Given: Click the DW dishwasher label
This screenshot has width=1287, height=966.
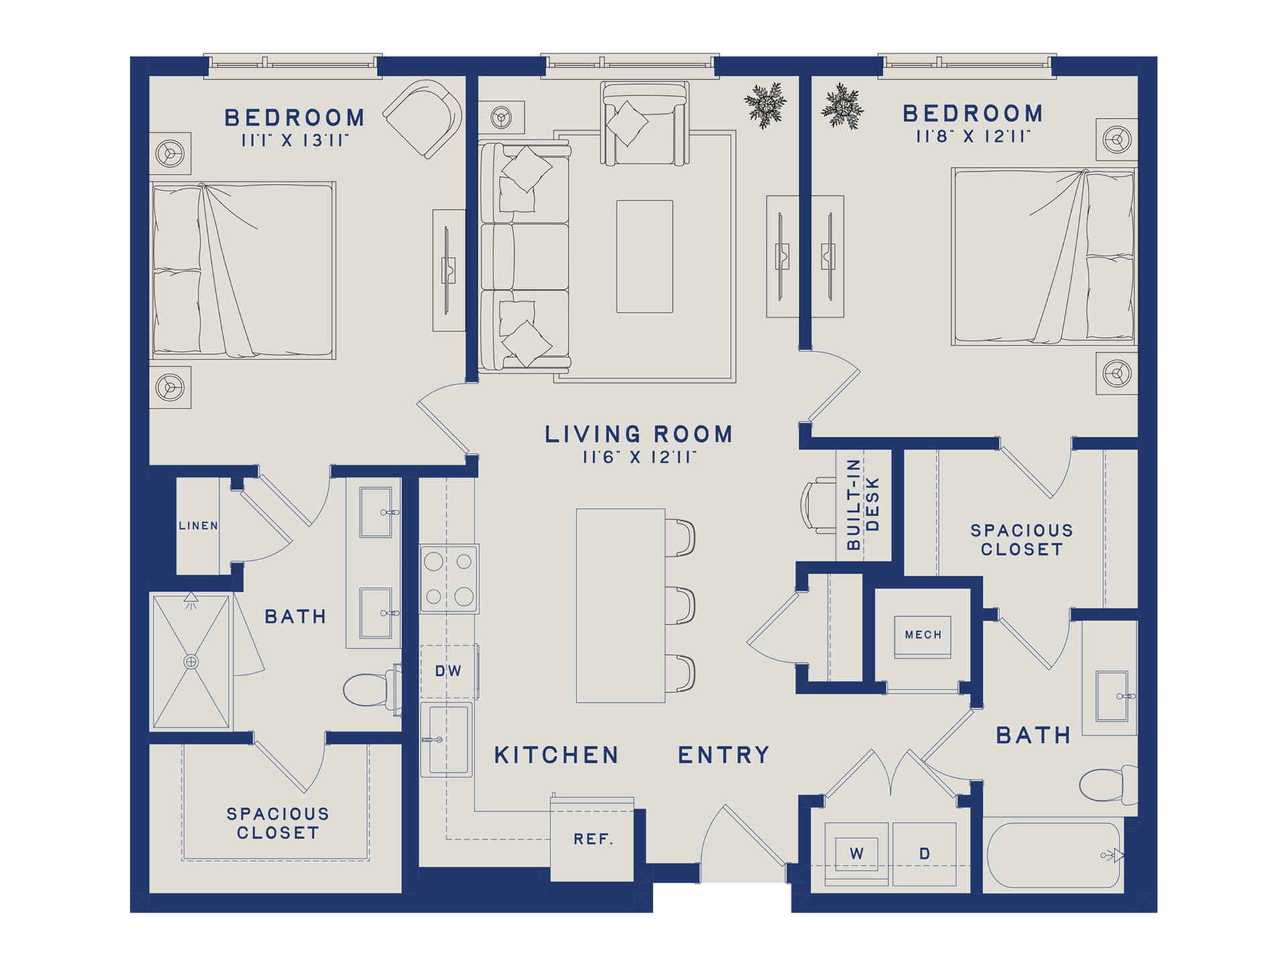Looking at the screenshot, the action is (448, 671).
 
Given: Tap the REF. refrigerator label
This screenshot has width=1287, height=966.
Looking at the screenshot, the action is (593, 839).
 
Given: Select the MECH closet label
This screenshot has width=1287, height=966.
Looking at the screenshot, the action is (923, 635).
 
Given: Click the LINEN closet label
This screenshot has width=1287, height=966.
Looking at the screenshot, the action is (198, 526).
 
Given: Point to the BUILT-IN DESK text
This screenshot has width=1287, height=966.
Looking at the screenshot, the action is (863, 504).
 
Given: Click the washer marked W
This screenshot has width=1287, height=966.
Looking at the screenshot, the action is (857, 854).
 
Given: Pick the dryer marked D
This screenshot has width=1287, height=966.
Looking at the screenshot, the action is (924, 854).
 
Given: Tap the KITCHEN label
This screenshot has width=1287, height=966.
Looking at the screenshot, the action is (556, 755).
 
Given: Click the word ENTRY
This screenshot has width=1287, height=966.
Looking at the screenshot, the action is (724, 755).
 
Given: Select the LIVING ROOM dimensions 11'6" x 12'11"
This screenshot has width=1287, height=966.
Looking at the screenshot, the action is (639, 458).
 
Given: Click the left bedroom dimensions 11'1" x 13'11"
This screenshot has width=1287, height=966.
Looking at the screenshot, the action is (296, 140).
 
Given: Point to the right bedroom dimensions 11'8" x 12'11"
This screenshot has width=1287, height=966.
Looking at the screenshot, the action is (973, 136).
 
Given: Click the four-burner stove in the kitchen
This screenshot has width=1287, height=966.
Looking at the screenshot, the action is (449, 579).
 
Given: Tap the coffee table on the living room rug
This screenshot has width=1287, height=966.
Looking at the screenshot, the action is (645, 256).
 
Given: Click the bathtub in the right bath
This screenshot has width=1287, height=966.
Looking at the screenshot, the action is (1053, 855).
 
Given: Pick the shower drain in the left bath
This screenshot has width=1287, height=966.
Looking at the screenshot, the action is (192, 661).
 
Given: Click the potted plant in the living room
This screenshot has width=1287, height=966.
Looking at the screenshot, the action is (765, 105).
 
